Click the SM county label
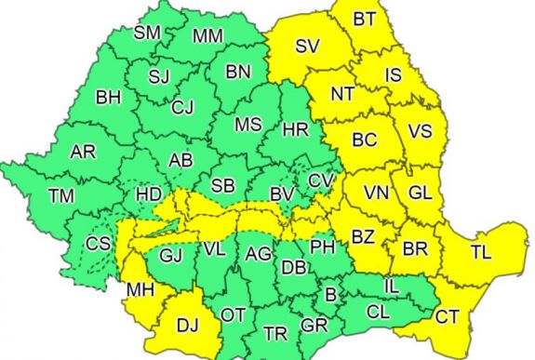tap(147, 32)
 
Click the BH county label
tap(109, 96)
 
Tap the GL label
tap(421, 193)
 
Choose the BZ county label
tap(363, 237)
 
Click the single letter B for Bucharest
tap(328, 295)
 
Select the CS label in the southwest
tap(97, 245)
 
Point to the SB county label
tap(223, 184)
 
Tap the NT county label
tap(343, 93)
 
